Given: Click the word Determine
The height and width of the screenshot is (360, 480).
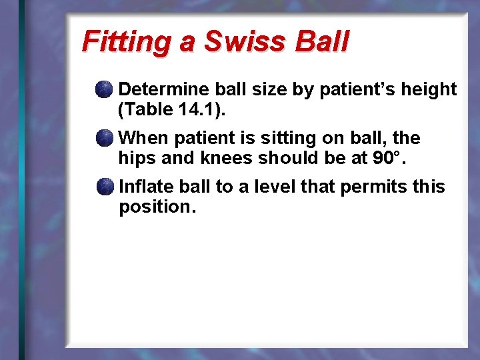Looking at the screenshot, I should (162, 89).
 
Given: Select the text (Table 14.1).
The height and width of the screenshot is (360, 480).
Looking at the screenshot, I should (172, 109).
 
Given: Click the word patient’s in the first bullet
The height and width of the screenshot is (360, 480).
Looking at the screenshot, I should (356, 89).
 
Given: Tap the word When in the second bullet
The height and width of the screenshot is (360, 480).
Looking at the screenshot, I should (143, 139).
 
